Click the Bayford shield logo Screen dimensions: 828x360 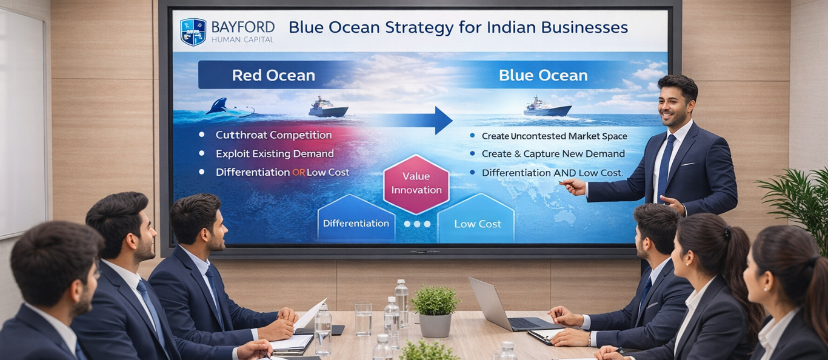[x=193, y=32]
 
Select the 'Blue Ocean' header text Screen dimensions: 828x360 [x=543, y=75]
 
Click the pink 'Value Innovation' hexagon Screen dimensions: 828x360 [x=416, y=184]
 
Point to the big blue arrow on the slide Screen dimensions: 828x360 [x=414, y=121]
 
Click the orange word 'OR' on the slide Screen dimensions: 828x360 [x=299, y=172]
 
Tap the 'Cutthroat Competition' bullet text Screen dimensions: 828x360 [x=273, y=135]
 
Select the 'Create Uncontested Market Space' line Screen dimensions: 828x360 [x=554, y=136]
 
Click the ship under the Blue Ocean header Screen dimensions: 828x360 [x=547, y=107]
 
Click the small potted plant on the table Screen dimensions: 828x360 [x=435, y=311]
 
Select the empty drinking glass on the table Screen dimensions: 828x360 [x=363, y=319]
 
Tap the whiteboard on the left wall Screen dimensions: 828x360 [x=22, y=122]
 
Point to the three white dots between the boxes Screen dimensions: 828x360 [x=417, y=224]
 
